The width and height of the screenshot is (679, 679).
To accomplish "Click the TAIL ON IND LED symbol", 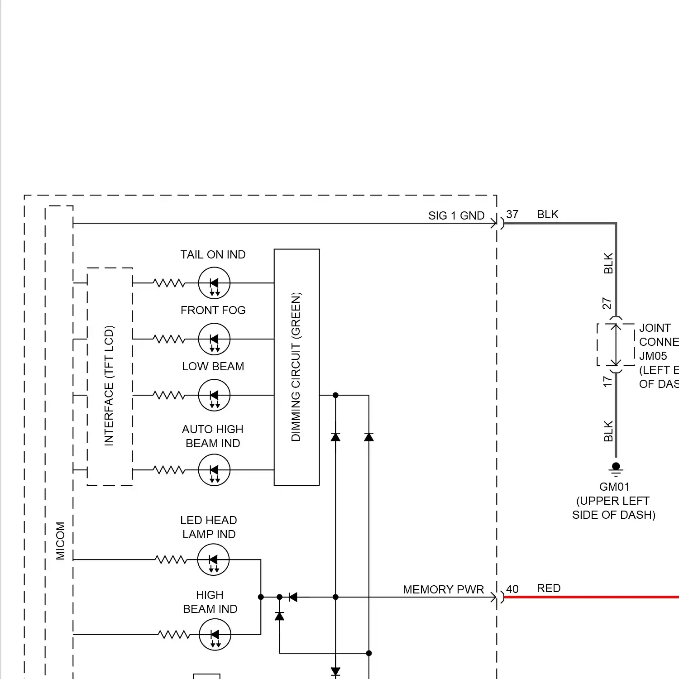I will [214, 283].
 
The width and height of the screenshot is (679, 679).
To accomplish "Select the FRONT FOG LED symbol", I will [214, 339].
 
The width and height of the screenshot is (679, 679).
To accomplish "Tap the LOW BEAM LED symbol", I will [214, 395].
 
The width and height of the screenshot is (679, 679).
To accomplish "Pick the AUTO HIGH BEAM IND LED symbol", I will [214, 470].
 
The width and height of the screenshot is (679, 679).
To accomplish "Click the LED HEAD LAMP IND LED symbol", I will [214, 559].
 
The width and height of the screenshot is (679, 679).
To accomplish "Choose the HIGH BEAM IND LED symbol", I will [215, 634].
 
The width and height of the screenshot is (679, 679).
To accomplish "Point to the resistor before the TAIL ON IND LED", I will [169, 283].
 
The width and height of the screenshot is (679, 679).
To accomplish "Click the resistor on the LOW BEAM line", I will [169, 395].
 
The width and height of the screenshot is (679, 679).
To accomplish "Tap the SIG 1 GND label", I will [456, 215].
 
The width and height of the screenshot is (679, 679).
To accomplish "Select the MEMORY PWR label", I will [443, 589].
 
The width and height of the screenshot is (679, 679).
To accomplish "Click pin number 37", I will [512, 214].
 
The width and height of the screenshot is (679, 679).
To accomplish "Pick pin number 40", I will [512, 589].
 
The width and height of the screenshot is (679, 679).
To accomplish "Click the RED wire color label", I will [549, 588].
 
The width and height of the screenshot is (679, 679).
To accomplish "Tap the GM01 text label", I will [614, 487].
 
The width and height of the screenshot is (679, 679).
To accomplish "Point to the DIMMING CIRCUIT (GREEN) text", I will [296, 367].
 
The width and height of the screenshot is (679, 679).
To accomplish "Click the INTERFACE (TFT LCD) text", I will [109, 386].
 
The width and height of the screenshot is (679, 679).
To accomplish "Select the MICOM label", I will [60, 540].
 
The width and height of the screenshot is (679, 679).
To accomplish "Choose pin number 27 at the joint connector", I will [607, 303].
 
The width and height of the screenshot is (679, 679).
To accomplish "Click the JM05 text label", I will [653, 356].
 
